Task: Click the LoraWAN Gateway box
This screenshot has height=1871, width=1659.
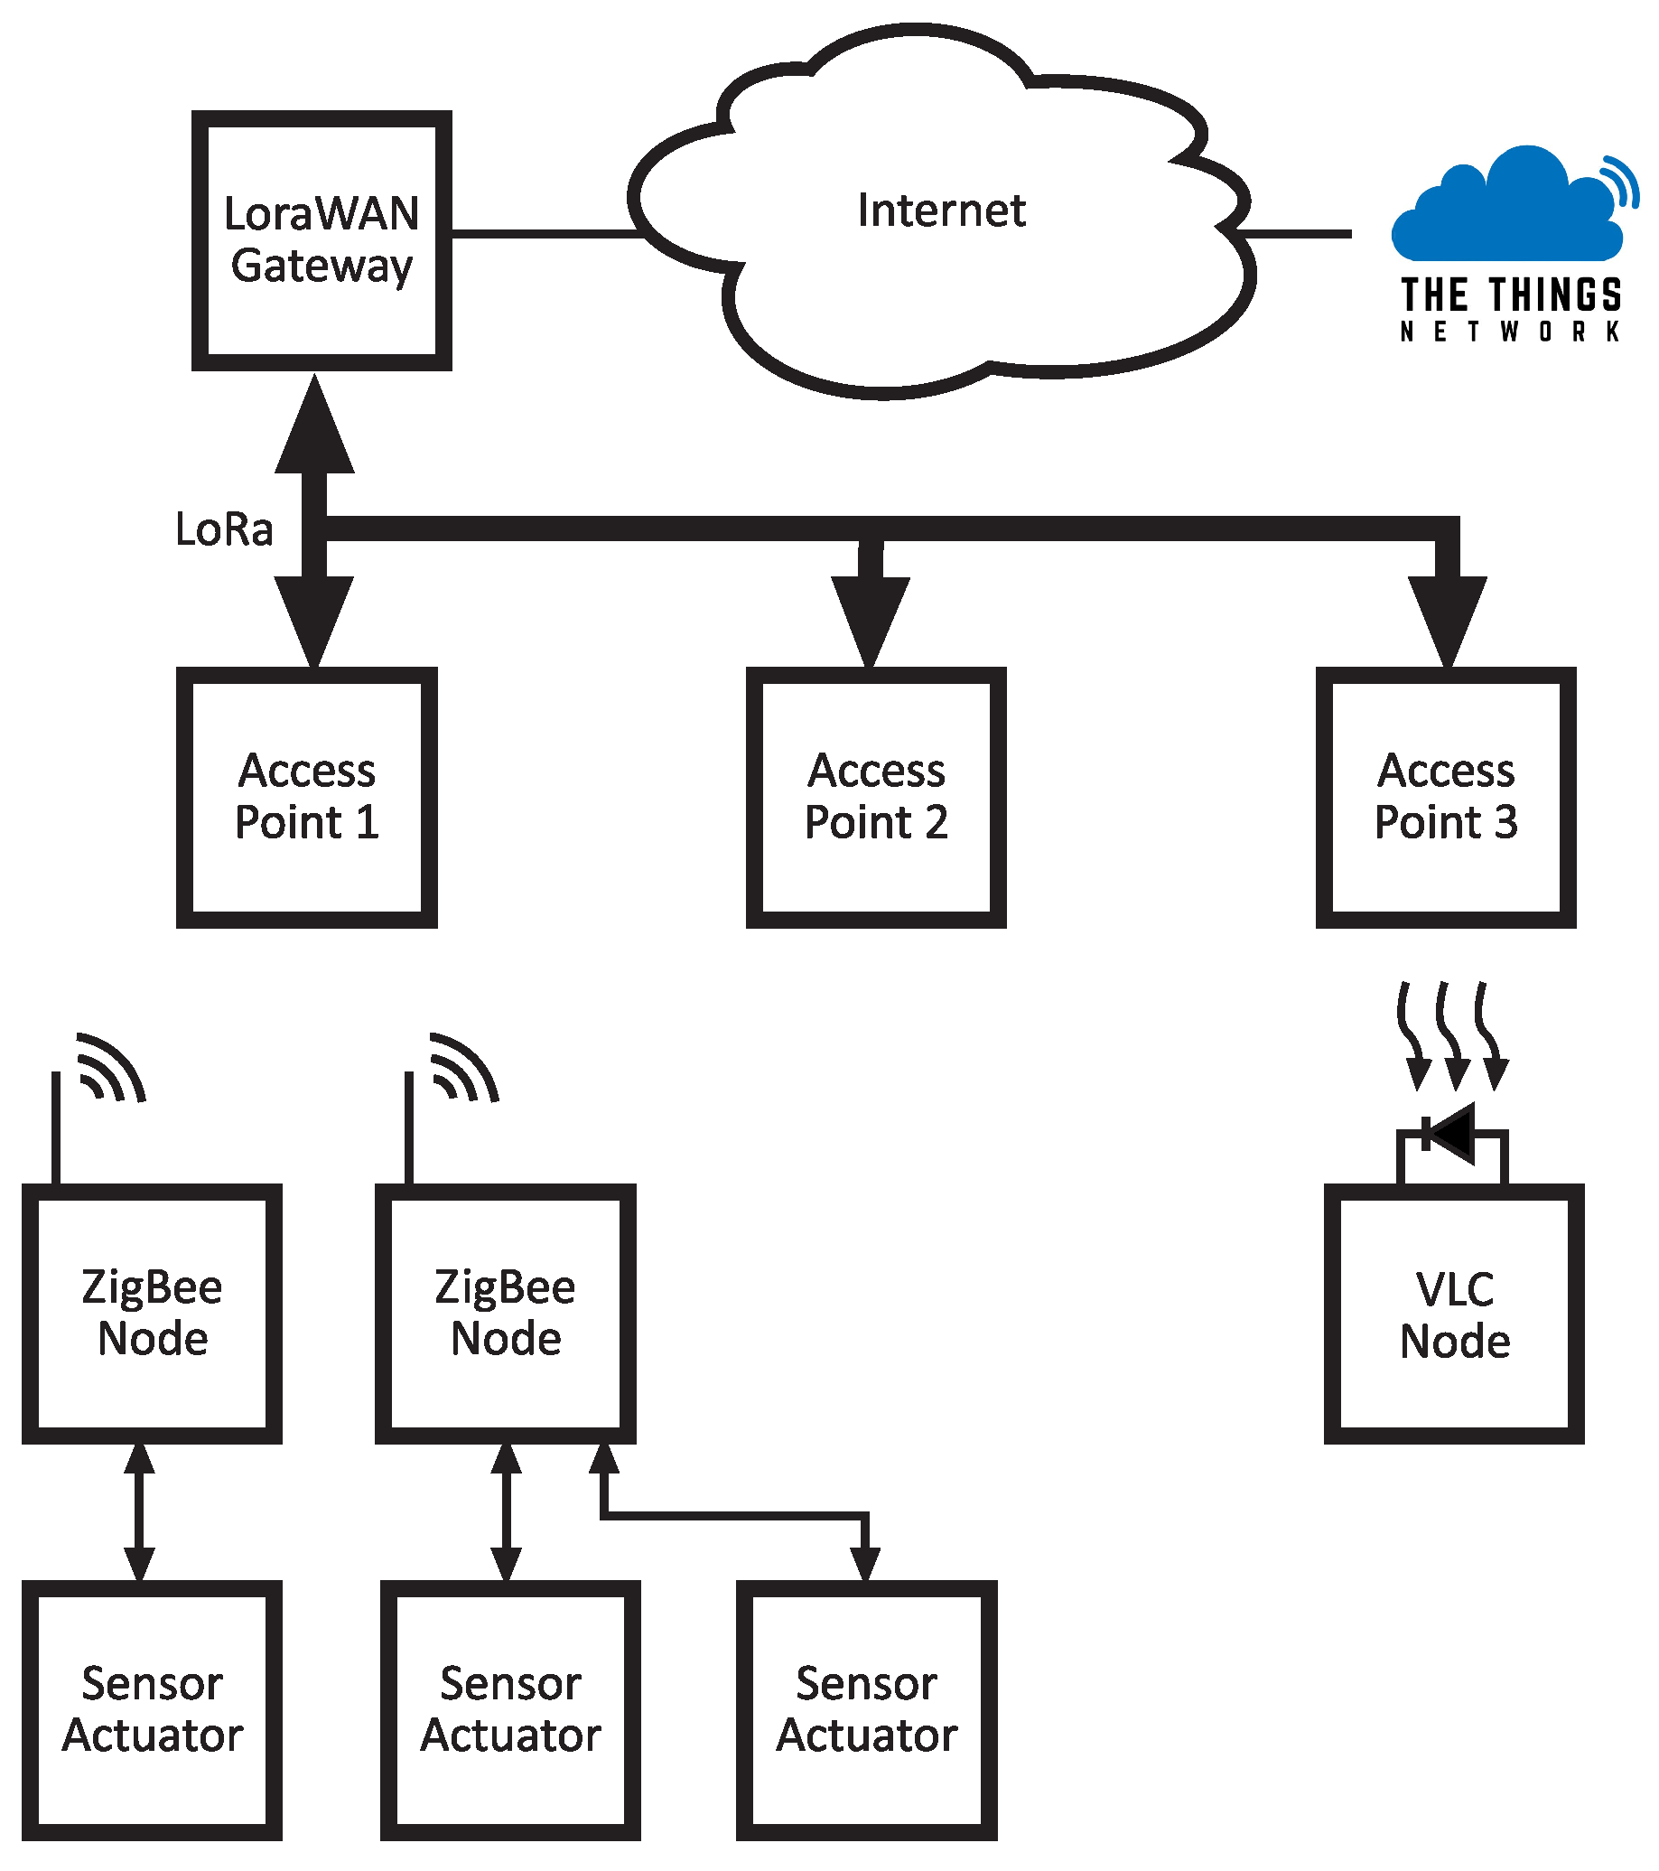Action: (x=322, y=239)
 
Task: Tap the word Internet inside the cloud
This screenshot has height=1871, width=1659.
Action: (x=941, y=210)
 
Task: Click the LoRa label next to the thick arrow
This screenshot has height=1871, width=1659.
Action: (x=224, y=530)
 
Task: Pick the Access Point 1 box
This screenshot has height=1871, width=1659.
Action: (x=306, y=796)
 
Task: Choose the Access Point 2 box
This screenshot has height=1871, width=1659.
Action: (x=876, y=796)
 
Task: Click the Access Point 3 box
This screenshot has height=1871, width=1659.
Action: (x=1445, y=796)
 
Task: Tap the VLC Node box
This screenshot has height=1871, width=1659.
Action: (x=1453, y=1314)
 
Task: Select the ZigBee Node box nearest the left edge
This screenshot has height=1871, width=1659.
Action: (x=152, y=1313)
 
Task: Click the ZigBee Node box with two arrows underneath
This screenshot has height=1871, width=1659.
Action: (x=505, y=1313)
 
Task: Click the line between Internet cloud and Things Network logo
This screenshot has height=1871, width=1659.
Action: (x=1300, y=234)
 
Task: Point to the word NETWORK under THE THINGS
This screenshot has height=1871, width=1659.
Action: (x=1510, y=332)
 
